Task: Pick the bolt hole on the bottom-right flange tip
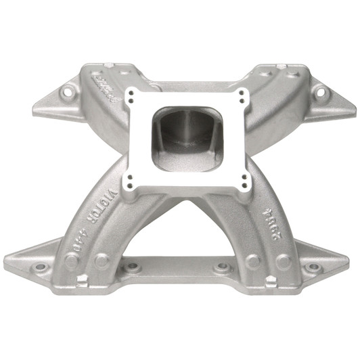click(313, 267)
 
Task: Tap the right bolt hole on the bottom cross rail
click(220, 269)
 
